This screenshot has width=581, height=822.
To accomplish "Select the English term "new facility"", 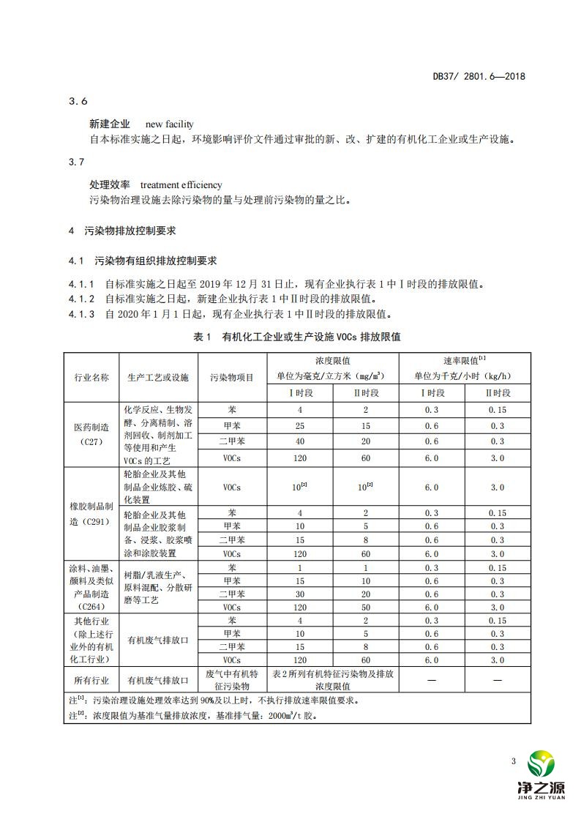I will pyautogui.click(x=170, y=124).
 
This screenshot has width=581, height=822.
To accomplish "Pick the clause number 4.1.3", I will pyautogui.click(x=81, y=315).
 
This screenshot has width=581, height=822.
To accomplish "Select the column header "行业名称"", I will pyautogui.click(x=91, y=377).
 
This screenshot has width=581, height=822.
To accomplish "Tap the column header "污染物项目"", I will pyautogui.click(x=232, y=377).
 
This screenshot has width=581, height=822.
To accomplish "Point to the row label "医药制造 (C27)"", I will pyautogui.click(x=91, y=434).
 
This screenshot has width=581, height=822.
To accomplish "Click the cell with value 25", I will pyautogui.click(x=300, y=425).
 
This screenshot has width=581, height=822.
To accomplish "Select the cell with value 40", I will pyautogui.click(x=300, y=441).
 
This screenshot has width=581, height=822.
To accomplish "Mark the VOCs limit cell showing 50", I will pyautogui.click(x=366, y=607).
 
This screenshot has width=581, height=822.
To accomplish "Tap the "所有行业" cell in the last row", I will pyautogui.click(x=91, y=679).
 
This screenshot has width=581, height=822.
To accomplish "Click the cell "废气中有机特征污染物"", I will pyautogui.click(x=232, y=679).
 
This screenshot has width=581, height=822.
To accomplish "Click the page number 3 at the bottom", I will pyautogui.click(x=514, y=762).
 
